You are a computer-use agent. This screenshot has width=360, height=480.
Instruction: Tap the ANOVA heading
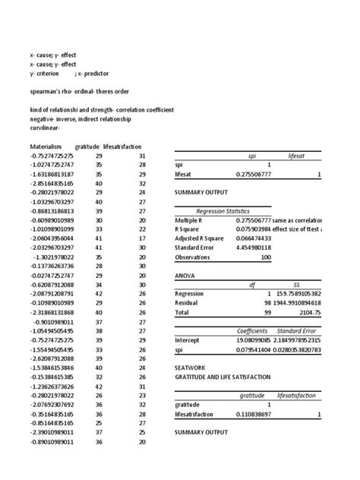pyautogui.click(x=186, y=277)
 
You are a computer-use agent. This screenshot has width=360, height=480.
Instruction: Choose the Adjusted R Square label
pyautogui.click(x=202, y=238)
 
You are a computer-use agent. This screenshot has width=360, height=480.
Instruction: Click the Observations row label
pyautogui.click(x=197, y=256)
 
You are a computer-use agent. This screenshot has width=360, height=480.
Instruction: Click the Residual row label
pyautogui.click(x=190, y=303)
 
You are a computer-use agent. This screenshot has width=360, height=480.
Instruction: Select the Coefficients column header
pyautogui.click(x=252, y=331)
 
